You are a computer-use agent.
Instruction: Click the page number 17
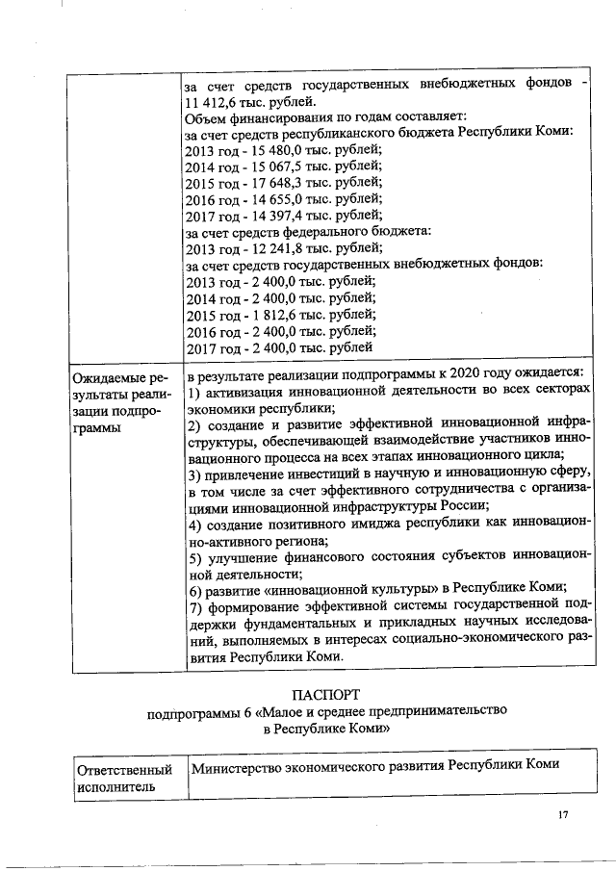click(563, 816)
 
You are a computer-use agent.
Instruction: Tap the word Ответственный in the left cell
click(124, 770)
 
